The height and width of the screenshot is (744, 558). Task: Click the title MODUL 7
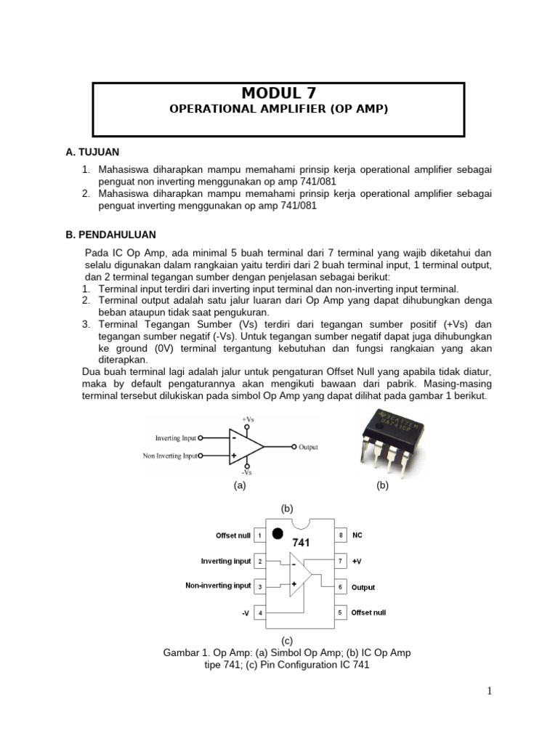pos(278,92)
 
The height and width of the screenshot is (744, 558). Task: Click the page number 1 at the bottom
pos(490,691)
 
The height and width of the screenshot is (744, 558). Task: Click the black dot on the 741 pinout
pos(278,534)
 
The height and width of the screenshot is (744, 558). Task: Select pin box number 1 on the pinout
pos(259,535)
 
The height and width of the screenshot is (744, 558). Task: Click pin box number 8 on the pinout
pos(340,535)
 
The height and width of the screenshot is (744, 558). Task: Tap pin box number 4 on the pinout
pos(259,613)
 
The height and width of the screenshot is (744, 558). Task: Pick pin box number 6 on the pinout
pos(340,586)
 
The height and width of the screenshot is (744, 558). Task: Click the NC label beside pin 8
pos(357,535)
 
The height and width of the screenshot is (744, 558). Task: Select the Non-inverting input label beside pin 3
pos(218,586)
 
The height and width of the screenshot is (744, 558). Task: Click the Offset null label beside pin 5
pos(368,612)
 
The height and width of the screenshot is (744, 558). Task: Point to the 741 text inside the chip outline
pos(302,542)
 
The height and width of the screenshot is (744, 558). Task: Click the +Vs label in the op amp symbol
pos(247,419)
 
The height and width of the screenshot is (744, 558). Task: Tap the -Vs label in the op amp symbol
pos(247,473)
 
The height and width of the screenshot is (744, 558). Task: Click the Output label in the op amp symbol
pos(308,448)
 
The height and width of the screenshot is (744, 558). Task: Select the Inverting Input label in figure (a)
pos(176,438)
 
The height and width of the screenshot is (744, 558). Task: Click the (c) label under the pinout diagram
pos(288,640)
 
